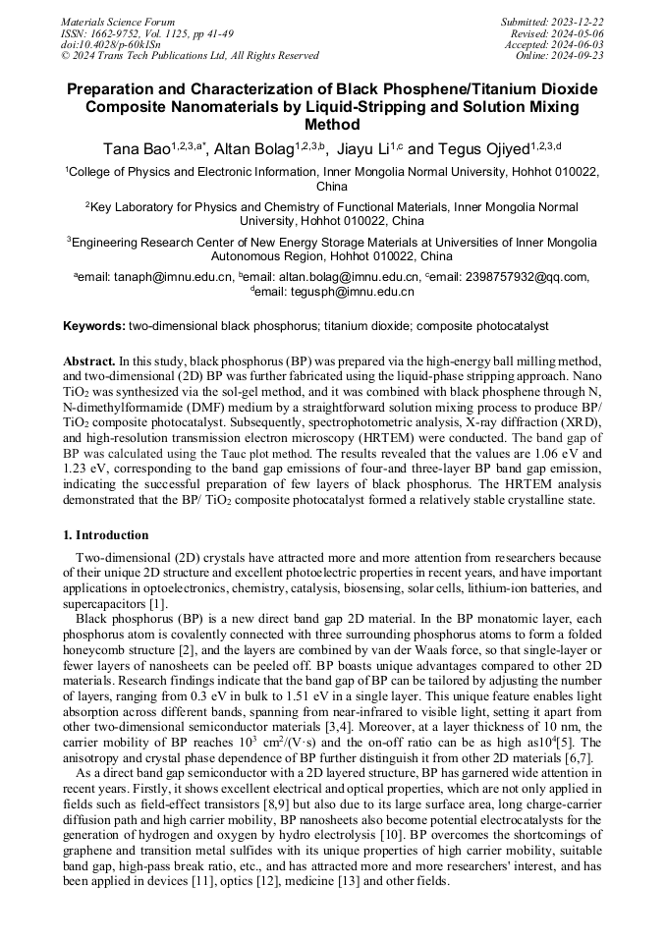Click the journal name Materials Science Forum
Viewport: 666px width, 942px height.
point(118,22)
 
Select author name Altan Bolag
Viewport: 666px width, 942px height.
point(258,149)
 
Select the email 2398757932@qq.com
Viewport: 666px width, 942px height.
point(531,277)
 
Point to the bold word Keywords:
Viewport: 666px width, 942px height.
point(94,325)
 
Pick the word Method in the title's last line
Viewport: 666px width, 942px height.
point(333,125)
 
